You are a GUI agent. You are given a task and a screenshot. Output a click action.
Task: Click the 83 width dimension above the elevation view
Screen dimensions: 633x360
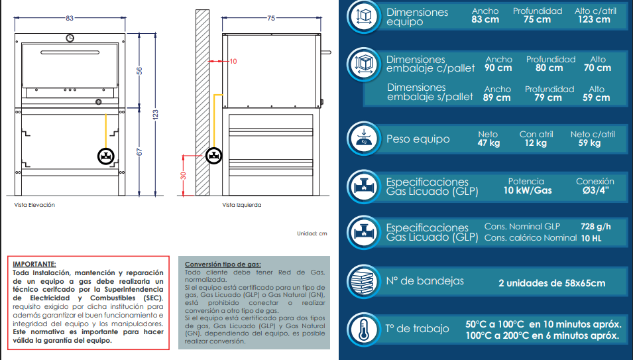(70, 18)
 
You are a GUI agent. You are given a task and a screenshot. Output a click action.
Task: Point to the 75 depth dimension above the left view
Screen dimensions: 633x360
(271, 18)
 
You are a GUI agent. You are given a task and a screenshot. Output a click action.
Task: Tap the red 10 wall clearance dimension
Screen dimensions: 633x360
(233, 62)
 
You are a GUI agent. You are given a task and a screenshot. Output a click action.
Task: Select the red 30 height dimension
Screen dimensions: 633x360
(184, 176)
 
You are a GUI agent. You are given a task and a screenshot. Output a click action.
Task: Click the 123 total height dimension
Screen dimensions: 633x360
(155, 115)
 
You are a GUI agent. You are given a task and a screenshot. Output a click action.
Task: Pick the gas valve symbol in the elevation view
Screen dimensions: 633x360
(106, 156)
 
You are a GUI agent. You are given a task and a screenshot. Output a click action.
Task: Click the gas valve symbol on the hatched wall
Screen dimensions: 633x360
(213, 155)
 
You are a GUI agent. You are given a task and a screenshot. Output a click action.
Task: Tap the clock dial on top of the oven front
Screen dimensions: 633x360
(70, 38)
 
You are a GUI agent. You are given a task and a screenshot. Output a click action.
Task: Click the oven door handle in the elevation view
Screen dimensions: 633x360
(70, 52)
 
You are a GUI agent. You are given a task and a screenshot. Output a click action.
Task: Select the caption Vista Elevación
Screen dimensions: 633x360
(34, 205)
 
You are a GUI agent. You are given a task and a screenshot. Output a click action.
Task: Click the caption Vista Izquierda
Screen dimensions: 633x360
(242, 205)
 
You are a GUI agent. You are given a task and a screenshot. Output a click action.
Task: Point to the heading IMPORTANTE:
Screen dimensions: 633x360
(34, 265)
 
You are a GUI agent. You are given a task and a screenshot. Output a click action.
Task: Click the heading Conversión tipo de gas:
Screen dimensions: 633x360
(223, 265)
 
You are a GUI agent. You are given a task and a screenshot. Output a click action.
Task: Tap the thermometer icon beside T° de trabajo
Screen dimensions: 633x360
(364, 330)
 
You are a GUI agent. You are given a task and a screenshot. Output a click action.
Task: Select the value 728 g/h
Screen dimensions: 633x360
(595, 227)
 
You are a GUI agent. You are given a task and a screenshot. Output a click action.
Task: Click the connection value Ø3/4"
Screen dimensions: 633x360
(595, 190)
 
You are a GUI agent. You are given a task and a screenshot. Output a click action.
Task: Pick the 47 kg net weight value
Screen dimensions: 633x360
(489, 143)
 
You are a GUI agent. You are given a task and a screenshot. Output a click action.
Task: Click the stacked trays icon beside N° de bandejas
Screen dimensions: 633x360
(364, 281)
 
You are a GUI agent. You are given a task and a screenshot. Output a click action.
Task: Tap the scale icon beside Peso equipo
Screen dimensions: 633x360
(364, 139)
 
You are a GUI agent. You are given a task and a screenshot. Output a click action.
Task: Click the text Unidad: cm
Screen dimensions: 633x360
(312, 233)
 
